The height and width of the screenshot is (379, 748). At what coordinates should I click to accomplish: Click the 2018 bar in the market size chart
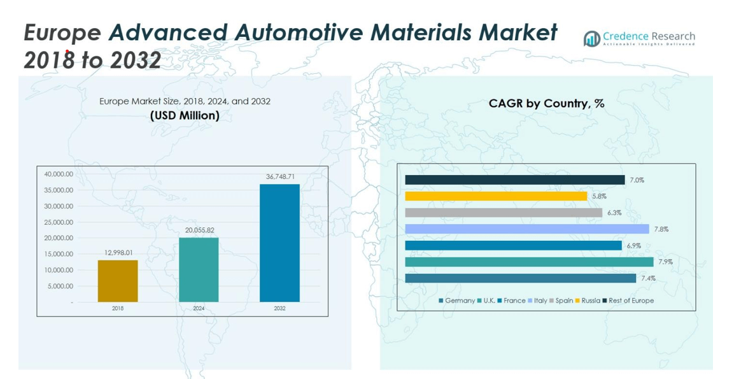tap(118, 281)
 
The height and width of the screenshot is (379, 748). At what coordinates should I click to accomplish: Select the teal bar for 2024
tap(199, 269)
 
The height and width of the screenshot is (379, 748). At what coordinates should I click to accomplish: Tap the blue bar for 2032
tap(279, 243)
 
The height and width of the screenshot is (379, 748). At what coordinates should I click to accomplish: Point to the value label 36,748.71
tap(279, 177)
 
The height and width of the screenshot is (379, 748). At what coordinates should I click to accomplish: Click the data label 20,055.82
tap(199, 230)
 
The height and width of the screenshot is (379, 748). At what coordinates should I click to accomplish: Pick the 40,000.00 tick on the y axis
tap(59, 174)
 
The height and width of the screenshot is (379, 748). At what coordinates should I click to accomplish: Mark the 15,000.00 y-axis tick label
tap(59, 254)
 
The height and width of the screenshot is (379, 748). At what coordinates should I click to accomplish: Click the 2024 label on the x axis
tap(199, 308)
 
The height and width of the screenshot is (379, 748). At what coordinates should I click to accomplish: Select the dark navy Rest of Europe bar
tap(514, 180)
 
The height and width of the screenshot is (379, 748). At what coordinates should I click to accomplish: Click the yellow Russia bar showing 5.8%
tap(496, 197)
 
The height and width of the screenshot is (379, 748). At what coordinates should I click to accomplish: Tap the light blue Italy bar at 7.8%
tap(526, 229)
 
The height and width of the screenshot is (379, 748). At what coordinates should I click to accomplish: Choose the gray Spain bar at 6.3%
tap(504, 213)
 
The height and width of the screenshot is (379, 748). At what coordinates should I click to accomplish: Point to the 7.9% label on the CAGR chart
tap(665, 262)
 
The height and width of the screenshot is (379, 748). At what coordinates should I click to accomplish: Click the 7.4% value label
tap(648, 278)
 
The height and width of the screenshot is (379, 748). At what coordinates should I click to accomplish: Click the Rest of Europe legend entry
tap(630, 301)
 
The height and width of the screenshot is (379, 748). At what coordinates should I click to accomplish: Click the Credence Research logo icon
tap(592, 39)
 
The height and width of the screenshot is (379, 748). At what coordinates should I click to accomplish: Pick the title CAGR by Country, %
tap(546, 103)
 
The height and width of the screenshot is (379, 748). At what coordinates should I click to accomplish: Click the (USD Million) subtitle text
tap(185, 115)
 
